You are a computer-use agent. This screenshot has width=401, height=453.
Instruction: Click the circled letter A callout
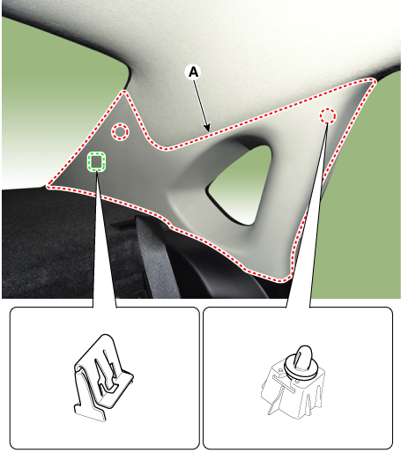pos(193,72)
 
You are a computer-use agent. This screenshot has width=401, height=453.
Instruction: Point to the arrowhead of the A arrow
pos(207,129)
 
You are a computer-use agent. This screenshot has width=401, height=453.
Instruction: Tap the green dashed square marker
pos(96,161)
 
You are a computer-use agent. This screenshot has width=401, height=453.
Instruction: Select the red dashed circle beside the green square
pos(120,132)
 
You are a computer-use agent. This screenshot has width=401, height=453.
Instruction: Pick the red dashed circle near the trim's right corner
pos(328,115)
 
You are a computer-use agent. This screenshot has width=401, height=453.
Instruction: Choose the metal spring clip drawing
pos(103,378)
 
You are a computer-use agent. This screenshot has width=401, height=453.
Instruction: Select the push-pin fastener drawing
pos(293,382)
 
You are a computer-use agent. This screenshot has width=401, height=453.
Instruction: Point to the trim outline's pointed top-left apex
pos(124,92)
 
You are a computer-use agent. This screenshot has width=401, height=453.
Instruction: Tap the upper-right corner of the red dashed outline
pos(373,80)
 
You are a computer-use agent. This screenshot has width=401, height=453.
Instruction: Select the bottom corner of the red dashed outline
pos(286,279)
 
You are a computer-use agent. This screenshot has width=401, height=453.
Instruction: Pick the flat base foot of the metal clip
pos(91,414)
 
